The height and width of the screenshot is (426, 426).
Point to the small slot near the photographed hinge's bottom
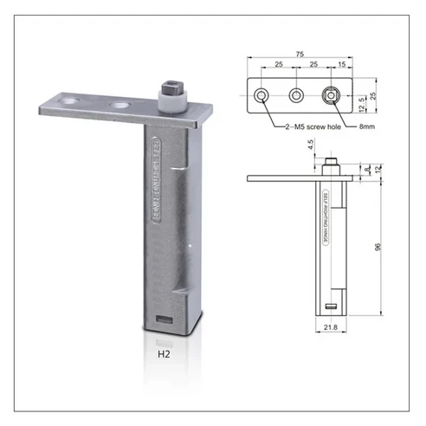[163, 319]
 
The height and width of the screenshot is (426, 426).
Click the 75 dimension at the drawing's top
[300, 54]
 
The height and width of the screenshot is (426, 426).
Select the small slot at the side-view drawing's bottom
[331, 306]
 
